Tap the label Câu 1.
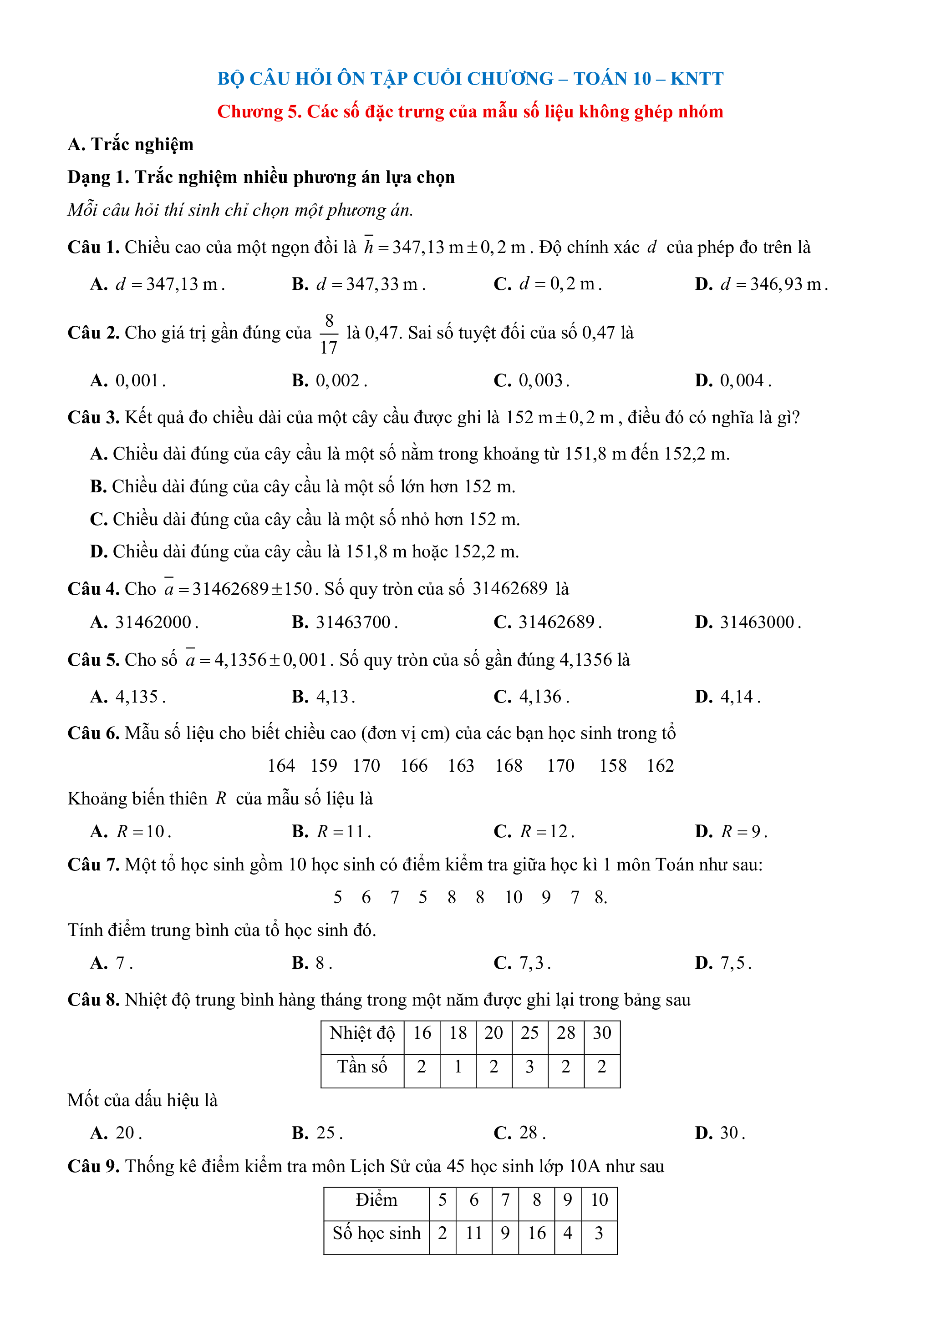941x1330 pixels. tap(93, 248)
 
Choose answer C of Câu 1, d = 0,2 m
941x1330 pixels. tap(548, 284)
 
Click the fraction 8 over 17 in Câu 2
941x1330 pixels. tap(329, 334)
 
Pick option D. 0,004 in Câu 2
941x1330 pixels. tap(733, 380)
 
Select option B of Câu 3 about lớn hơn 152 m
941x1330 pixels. tap(302, 486)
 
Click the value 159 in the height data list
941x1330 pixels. tap(323, 766)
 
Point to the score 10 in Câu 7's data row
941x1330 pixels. tap(514, 897)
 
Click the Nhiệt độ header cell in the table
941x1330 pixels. tap(362, 1033)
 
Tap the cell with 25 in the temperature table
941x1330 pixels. tap(529, 1033)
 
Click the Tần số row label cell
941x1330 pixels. tap(362, 1067)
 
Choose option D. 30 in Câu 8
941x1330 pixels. tap(720, 1133)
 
